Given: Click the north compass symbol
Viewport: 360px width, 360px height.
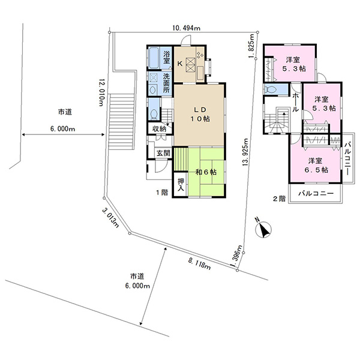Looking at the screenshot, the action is pyautogui.click(x=263, y=229).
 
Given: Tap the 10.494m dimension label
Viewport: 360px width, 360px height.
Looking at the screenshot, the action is pyautogui.click(x=186, y=28).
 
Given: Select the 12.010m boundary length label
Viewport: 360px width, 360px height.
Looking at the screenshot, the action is pyautogui.click(x=101, y=92).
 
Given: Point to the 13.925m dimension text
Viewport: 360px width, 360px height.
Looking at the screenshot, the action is pyautogui.click(x=245, y=152).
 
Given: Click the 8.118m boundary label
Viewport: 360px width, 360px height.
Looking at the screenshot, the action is pyautogui.click(x=199, y=263).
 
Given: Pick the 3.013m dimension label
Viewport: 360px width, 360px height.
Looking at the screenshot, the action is pyautogui.click(x=110, y=217).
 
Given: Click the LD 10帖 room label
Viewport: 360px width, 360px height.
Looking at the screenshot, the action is pyautogui.click(x=200, y=114).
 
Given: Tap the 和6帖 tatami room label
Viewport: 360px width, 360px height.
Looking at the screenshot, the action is pyautogui.click(x=206, y=172).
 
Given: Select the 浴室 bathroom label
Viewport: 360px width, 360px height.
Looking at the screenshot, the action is pyautogui.click(x=167, y=58).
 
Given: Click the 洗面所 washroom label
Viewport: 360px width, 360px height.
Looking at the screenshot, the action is pyautogui.click(x=166, y=83).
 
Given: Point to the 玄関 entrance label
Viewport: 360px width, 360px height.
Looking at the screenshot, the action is pyautogui.click(x=163, y=153).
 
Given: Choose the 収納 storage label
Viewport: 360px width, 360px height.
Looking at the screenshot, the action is pyautogui.click(x=159, y=129).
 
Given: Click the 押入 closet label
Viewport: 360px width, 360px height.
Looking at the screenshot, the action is pyautogui.click(x=181, y=185).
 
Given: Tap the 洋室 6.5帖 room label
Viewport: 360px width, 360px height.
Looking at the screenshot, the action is pyautogui.click(x=315, y=166).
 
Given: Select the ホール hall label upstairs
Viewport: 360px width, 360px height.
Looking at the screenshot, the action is pyautogui.click(x=295, y=102).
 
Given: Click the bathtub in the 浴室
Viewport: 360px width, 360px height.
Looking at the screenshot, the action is pyautogui.click(x=154, y=58).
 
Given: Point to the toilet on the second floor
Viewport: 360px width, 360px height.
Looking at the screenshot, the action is pyautogui.click(x=272, y=89).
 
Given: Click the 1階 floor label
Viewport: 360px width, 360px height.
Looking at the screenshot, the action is pyautogui.click(x=162, y=193).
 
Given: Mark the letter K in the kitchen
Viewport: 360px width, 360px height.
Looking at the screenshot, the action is pyautogui.click(x=180, y=64).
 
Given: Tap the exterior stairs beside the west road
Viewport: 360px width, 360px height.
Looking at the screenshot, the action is pyautogui.click(x=121, y=121).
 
